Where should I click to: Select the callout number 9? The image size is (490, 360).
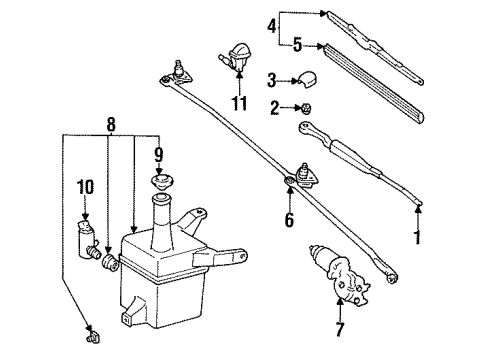pos(158,155)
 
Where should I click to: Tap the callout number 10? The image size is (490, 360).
pos(85,185)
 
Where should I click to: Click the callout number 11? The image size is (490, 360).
pos(238,103)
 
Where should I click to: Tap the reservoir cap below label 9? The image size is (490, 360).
pos(158,184)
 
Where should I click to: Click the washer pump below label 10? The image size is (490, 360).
pos(84,238)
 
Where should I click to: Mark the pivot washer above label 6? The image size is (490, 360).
pos(289,181)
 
